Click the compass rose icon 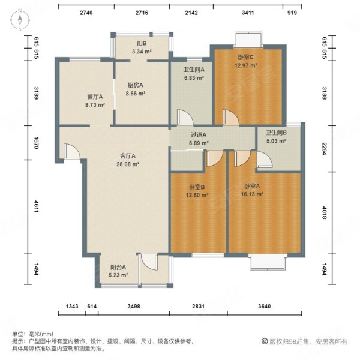point(20,20)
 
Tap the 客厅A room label point(128,156)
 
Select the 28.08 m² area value point(128,164)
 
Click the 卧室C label point(245,57)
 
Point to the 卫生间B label point(276,133)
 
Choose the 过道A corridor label point(199,135)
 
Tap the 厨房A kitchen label point(135,85)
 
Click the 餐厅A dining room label point(95,97)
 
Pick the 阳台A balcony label point(118,267)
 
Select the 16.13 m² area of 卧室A point(252,194)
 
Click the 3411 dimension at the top point(248,13)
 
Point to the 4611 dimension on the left point(36,206)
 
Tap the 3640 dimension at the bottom point(264,306)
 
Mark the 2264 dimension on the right point(324,149)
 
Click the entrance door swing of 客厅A point(71,151)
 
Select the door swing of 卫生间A point(185,118)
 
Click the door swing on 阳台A point(149,262)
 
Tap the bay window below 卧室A point(268,262)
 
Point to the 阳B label point(142,43)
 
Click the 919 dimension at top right point(292,13)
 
